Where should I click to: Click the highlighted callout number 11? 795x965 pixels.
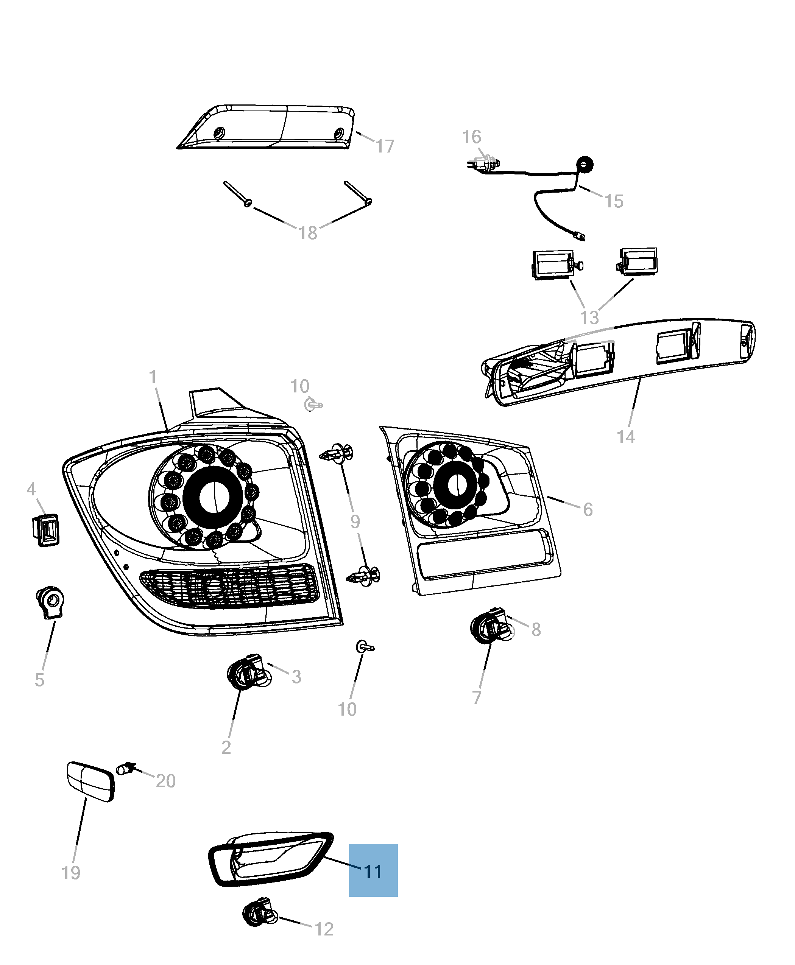(x=373, y=871)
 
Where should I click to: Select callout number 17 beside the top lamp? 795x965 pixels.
(x=385, y=146)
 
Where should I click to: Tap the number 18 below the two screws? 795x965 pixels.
(x=308, y=233)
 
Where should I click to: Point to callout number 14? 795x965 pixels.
(x=625, y=437)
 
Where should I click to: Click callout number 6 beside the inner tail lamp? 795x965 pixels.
(x=588, y=509)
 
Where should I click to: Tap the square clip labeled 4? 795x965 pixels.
(x=46, y=530)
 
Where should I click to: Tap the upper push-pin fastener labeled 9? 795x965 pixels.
(x=338, y=453)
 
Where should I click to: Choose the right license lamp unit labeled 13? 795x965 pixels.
(x=638, y=262)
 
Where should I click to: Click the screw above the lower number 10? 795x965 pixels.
(x=365, y=647)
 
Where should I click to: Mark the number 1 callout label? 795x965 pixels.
(x=153, y=377)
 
